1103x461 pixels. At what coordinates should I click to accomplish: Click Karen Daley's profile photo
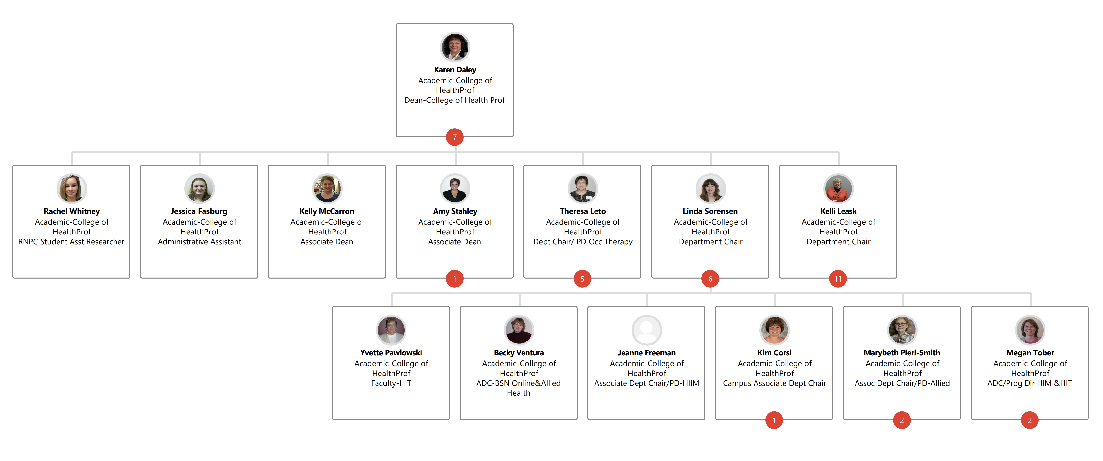pyautogui.click(x=455, y=47)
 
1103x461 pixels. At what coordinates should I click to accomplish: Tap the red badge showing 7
pyautogui.click(x=454, y=137)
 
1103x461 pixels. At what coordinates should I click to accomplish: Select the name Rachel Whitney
pyautogui.click(x=72, y=211)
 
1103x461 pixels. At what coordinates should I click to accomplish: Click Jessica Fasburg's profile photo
pyautogui.click(x=199, y=188)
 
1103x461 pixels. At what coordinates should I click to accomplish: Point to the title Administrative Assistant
pyautogui.click(x=200, y=242)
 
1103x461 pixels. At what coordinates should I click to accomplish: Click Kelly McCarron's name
pyautogui.click(x=327, y=211)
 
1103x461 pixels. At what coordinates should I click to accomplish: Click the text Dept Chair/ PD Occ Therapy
pyautogui.click(x=583, y=242)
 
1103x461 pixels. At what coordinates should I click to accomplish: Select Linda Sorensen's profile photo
pyautogui.click(x=710, y=188)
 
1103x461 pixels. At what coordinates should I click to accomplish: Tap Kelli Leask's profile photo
pyautogui.click(x=838, y=188)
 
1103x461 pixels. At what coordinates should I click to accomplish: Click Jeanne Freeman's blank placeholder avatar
pyautogui.click(x=647, y=330)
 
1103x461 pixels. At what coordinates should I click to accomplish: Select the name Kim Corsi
pyautogui.click(x=774, y=353)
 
